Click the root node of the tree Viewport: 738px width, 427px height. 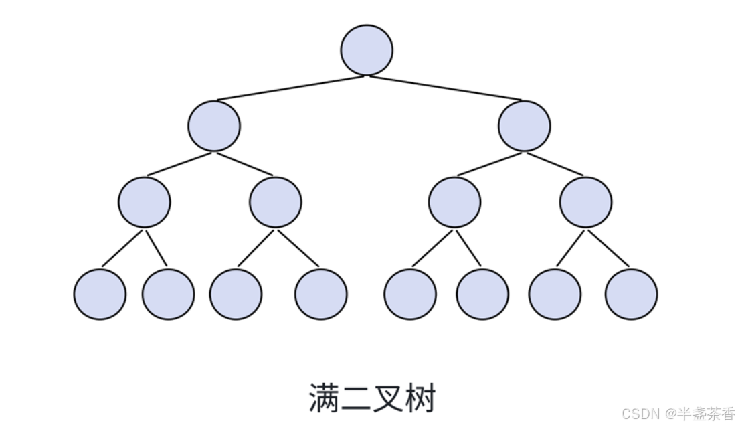367,50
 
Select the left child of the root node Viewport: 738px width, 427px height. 214,126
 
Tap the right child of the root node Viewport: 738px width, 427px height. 525,126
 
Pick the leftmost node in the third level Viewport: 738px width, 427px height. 145,202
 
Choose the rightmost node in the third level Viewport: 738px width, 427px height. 585,202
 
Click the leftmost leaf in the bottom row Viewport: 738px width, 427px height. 100,294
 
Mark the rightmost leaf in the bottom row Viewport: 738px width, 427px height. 632,294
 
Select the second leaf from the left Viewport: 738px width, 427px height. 169,294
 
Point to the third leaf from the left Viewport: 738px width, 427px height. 236,294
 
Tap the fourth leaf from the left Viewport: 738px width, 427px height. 321,294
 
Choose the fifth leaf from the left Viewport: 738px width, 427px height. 410,294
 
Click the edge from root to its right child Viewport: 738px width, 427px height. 446,88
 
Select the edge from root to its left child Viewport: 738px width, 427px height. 291,88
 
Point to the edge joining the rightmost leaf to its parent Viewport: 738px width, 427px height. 608,248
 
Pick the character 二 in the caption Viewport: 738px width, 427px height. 357,398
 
